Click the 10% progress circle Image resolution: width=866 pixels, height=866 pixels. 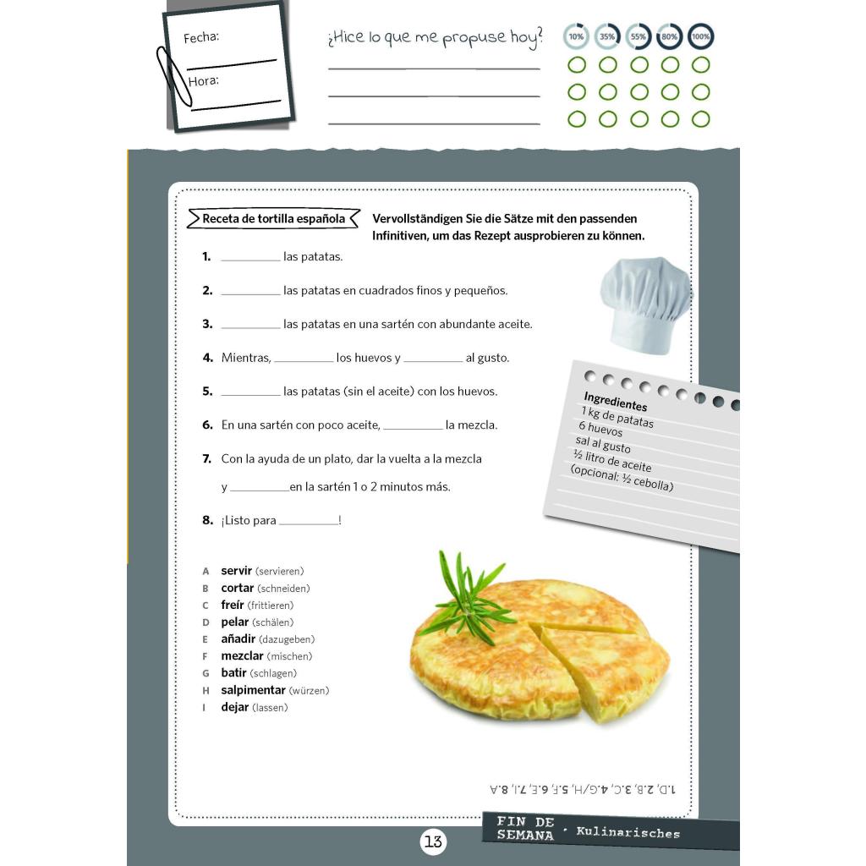click(x=576, y=36)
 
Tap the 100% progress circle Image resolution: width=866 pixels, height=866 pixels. click(x=701, y=36)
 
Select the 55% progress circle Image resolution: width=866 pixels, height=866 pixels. click(x=639, y=36)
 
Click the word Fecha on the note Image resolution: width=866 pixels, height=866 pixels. click(x=201, y=37)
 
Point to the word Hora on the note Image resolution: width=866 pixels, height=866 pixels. click(x=203, y=81)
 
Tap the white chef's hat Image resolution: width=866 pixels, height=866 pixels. click(x=645, y=304)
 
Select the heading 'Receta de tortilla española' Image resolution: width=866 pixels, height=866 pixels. click(x=273, y=219)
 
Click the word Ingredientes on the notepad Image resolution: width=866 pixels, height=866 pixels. click(x=616, y=402)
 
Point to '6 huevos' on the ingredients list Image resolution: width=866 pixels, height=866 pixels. click(x=600, y=429)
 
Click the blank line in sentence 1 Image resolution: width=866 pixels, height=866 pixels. click(x=250, y=260)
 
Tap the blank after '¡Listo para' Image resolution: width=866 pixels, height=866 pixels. click(x=309, y=523)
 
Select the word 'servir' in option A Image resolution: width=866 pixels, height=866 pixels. click(x=237, y=571)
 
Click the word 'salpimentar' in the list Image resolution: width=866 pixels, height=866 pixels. click(x=253, y=690)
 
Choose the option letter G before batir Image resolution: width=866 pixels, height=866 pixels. click(x=206, y=673)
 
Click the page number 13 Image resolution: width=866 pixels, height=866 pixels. click(x=433, y=841)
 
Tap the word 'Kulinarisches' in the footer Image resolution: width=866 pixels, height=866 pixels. click(x=628, y=832)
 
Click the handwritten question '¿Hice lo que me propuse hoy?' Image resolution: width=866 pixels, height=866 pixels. click(x=436, y=38)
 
